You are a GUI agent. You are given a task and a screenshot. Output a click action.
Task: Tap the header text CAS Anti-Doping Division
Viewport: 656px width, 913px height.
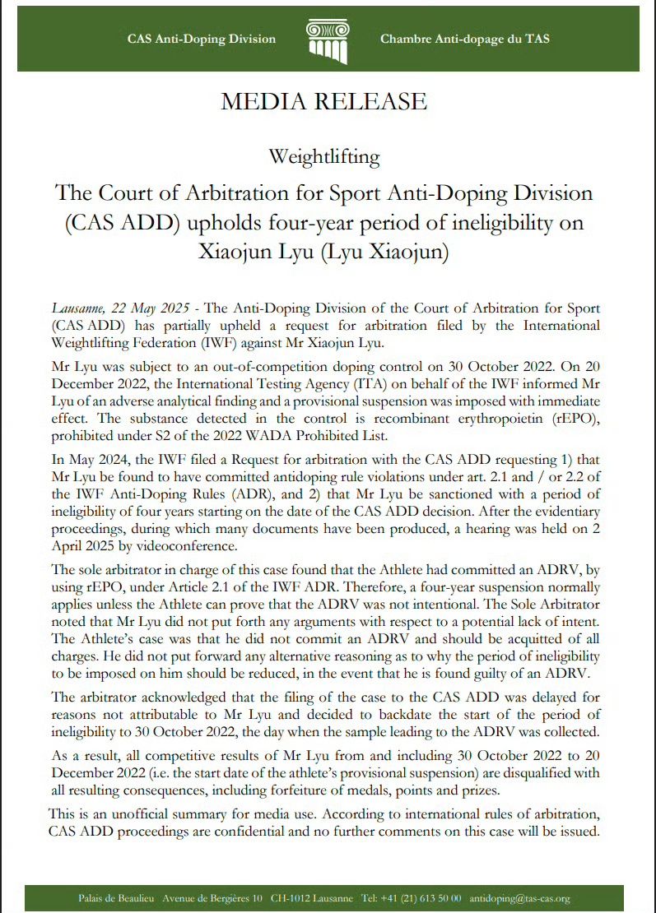[x=202, y=39]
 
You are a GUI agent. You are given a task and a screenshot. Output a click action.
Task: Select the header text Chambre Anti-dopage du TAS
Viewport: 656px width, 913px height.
[x=465, y=39]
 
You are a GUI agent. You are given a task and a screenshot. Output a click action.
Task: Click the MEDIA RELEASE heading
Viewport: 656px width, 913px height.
[x=323, y=102]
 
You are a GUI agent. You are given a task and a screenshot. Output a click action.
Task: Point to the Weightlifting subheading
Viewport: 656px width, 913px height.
[x=323, y=155]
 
